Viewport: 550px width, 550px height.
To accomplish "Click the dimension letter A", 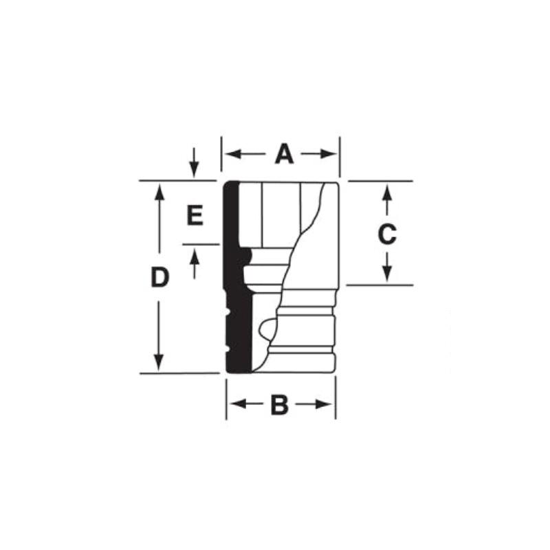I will (x=284, y=154).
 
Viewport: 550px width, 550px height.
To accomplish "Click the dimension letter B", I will (x=279, y=405).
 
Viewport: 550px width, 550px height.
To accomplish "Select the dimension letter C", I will (x=387, y=234).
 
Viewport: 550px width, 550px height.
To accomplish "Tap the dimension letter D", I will (x=159, y=278).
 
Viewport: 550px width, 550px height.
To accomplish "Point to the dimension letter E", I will (x=195, y=217).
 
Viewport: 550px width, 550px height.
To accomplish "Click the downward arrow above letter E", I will (x=195, y=168).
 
